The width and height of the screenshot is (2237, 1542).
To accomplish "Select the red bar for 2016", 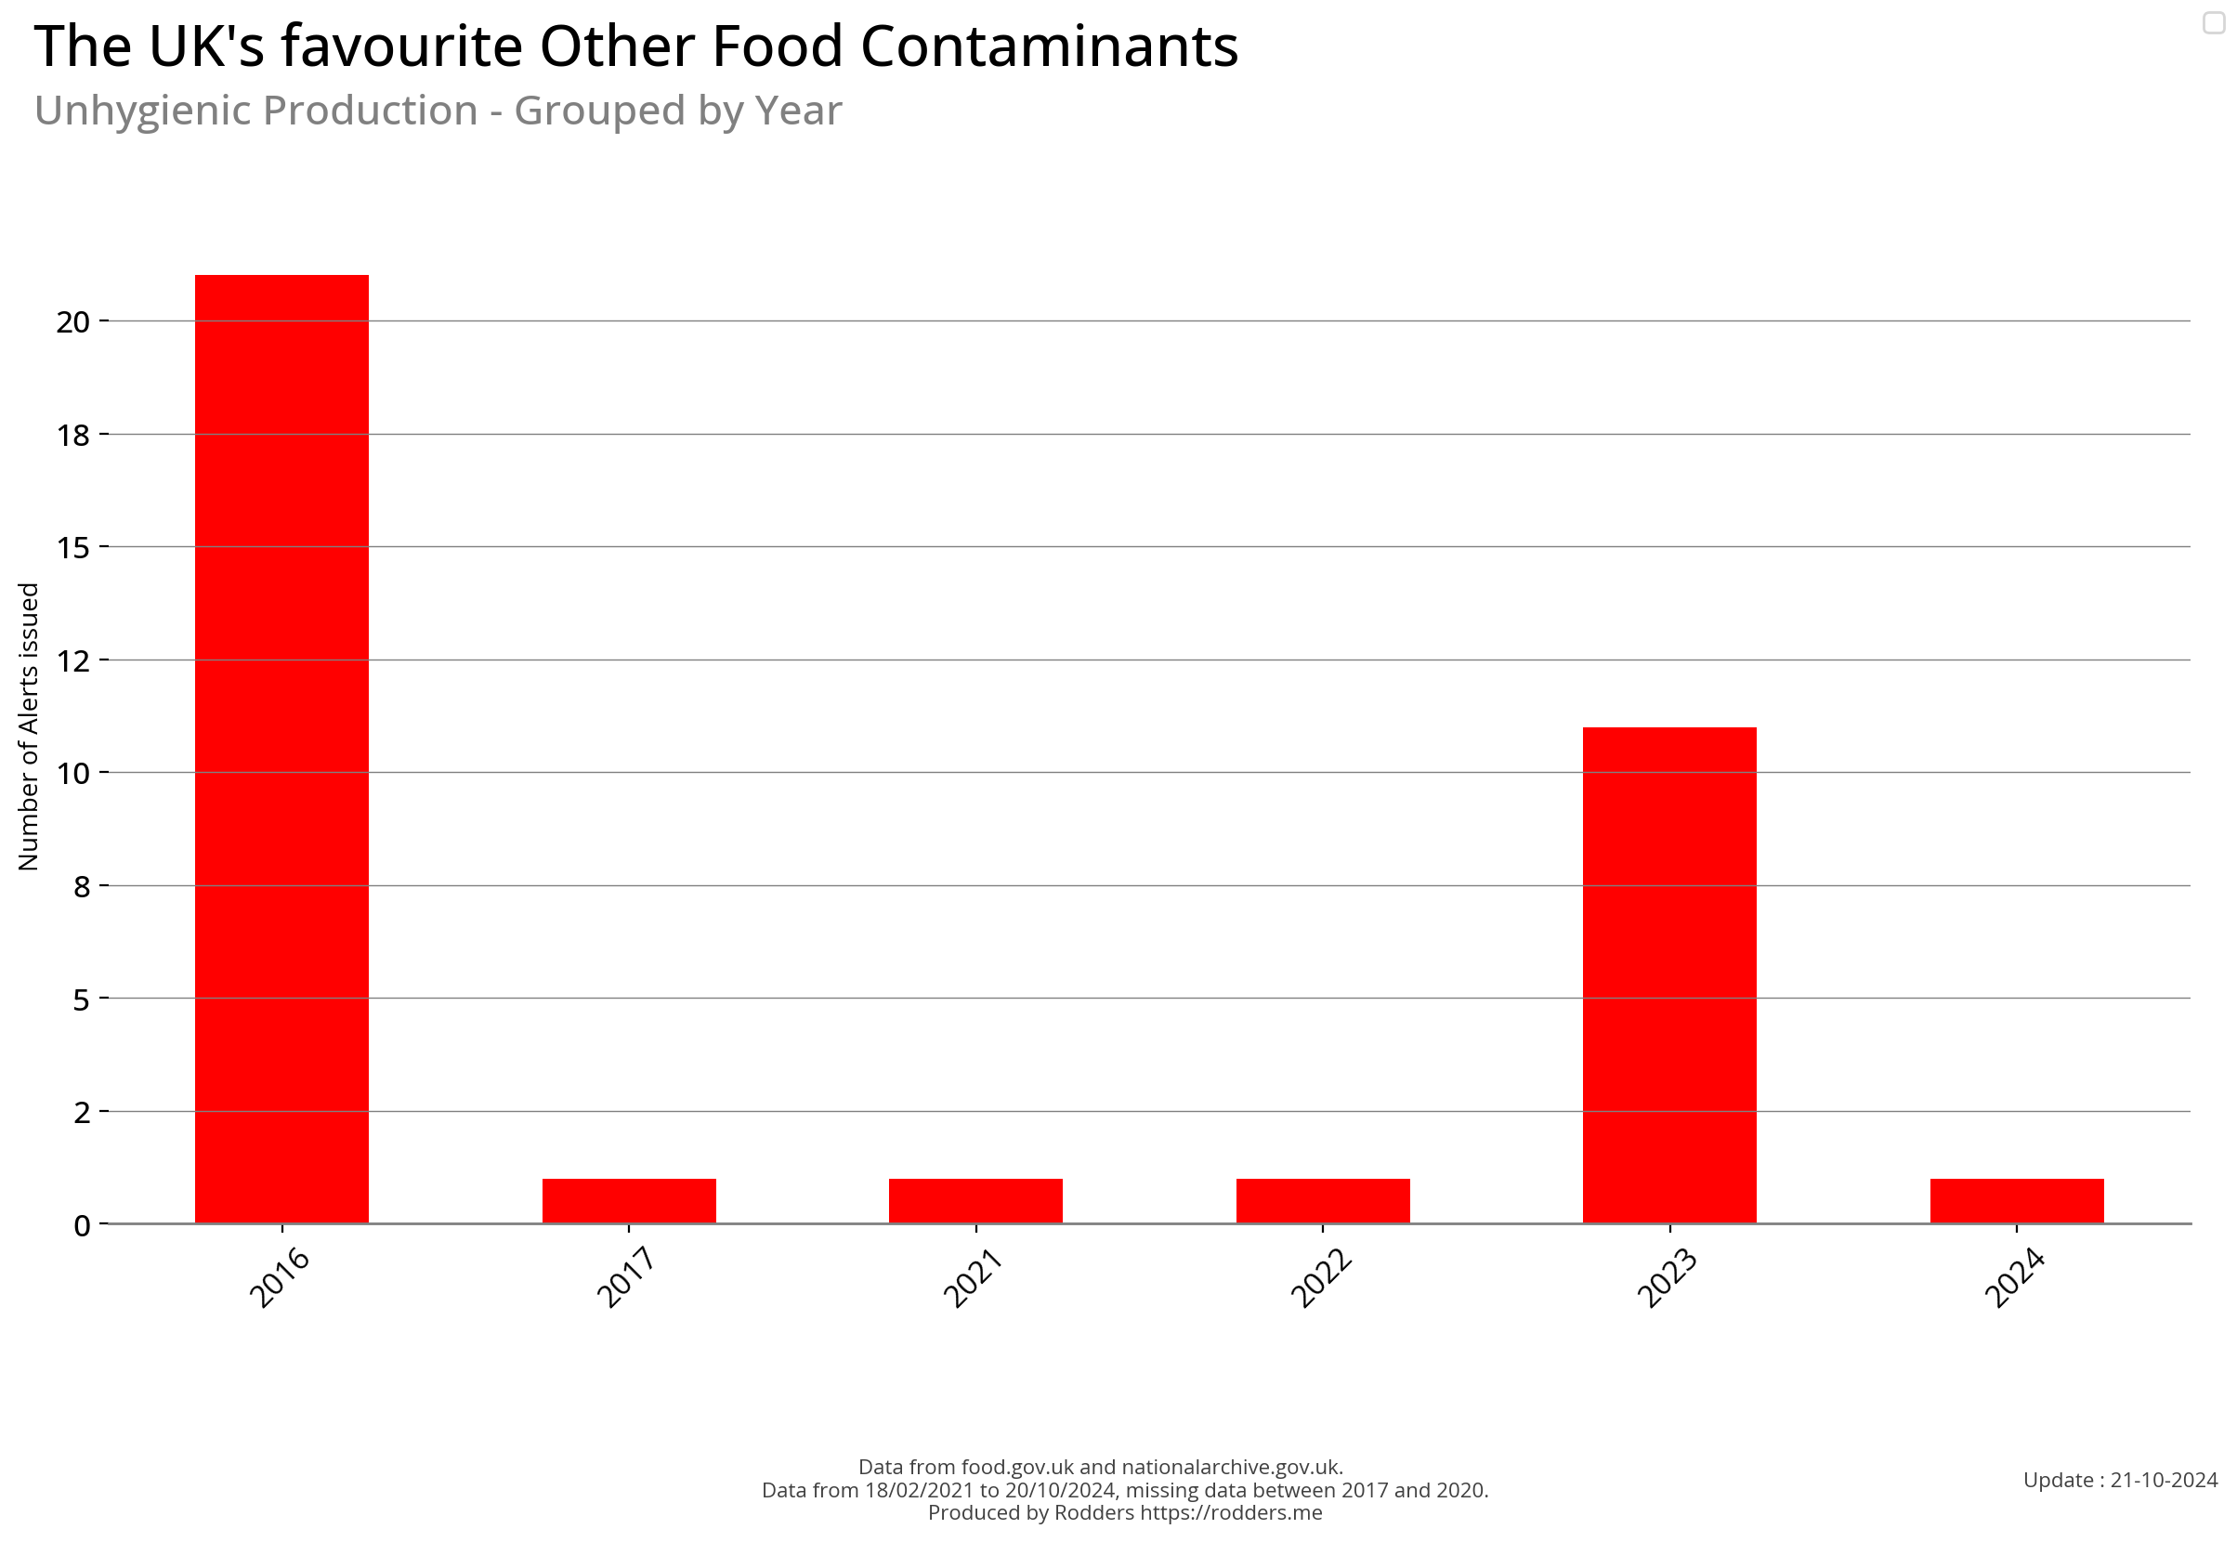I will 281,749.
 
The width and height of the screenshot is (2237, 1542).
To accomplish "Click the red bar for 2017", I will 628,1200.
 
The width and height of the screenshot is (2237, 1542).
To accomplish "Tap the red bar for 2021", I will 975,1200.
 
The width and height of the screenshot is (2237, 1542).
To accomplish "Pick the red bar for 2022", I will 1322,1200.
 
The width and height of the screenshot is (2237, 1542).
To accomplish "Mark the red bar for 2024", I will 2017,1200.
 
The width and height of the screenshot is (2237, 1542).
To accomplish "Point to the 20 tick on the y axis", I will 72,321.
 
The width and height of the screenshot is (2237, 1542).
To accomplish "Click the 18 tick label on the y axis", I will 72,436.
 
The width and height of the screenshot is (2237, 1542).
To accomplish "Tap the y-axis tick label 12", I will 72,660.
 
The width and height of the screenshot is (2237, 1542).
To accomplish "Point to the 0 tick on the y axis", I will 81,1225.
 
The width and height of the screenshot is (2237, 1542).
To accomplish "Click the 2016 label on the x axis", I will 280,1277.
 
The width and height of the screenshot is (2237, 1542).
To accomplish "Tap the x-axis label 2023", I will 1667,1277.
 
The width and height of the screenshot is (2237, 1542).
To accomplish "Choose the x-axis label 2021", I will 973,1277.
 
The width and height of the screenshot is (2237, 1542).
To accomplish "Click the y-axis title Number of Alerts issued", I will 29,725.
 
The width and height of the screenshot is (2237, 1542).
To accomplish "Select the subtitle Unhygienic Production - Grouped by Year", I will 438,111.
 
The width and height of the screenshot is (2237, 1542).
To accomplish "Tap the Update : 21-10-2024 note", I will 2120,1480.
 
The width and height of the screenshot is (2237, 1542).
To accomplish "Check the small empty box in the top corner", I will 2214,22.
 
